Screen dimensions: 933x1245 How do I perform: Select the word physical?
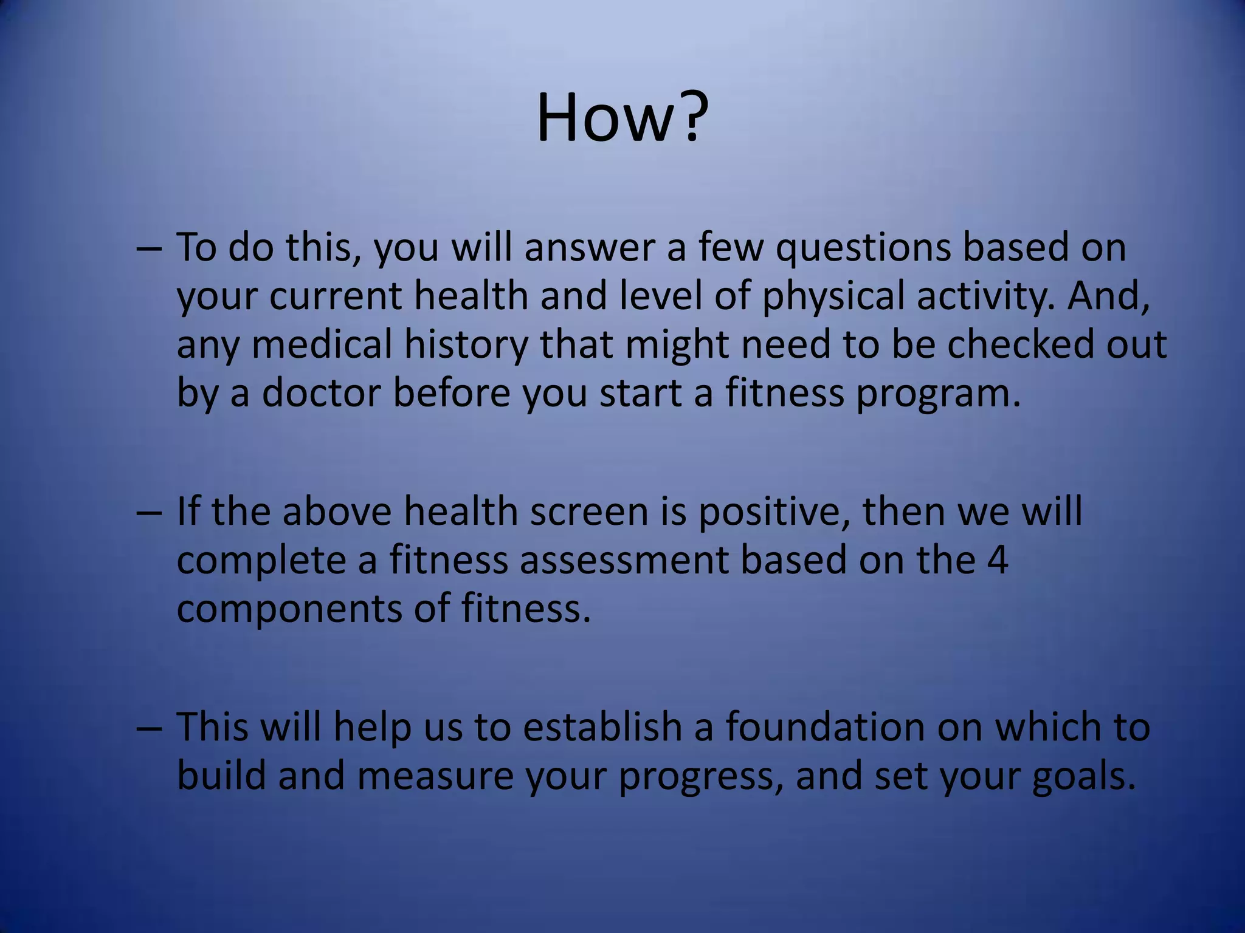[833, 296]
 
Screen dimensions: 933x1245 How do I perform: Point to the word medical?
[322, 344]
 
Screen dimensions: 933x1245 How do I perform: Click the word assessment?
[624, 559]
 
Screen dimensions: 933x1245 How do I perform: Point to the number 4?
[998, 559]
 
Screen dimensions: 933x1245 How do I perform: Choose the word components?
[289, 609]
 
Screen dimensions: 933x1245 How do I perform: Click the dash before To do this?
[149, 250]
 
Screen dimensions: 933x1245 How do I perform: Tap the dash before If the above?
[149, 513]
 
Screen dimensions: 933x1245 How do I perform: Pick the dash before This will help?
[149, 728]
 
